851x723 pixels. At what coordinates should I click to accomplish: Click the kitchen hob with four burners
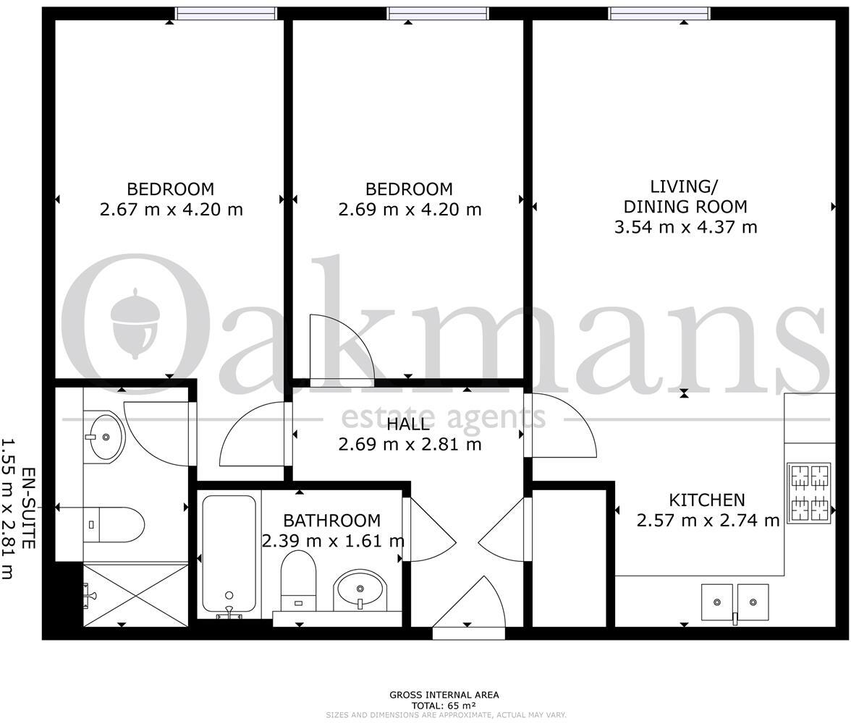point(809,492)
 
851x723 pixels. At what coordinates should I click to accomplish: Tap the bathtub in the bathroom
point(229,554)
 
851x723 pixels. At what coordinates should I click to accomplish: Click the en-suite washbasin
point(104,436)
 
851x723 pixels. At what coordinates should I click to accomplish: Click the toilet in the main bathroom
point(297,579)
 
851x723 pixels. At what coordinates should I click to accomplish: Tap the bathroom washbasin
point(360,590)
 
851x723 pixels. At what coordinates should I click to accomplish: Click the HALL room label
point(408,424)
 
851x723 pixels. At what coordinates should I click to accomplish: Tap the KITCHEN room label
point(706,500)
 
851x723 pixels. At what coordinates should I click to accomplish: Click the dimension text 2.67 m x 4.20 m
point(171,210)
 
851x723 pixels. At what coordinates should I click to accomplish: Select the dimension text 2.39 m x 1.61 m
point(334,540)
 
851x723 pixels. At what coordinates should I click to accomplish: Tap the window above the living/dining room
point(659,13)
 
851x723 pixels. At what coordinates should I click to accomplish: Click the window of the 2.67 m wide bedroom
point(226,13)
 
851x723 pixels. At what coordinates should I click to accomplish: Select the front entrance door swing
point(471,607)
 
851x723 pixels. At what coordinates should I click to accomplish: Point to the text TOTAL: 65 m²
point(444,706)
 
